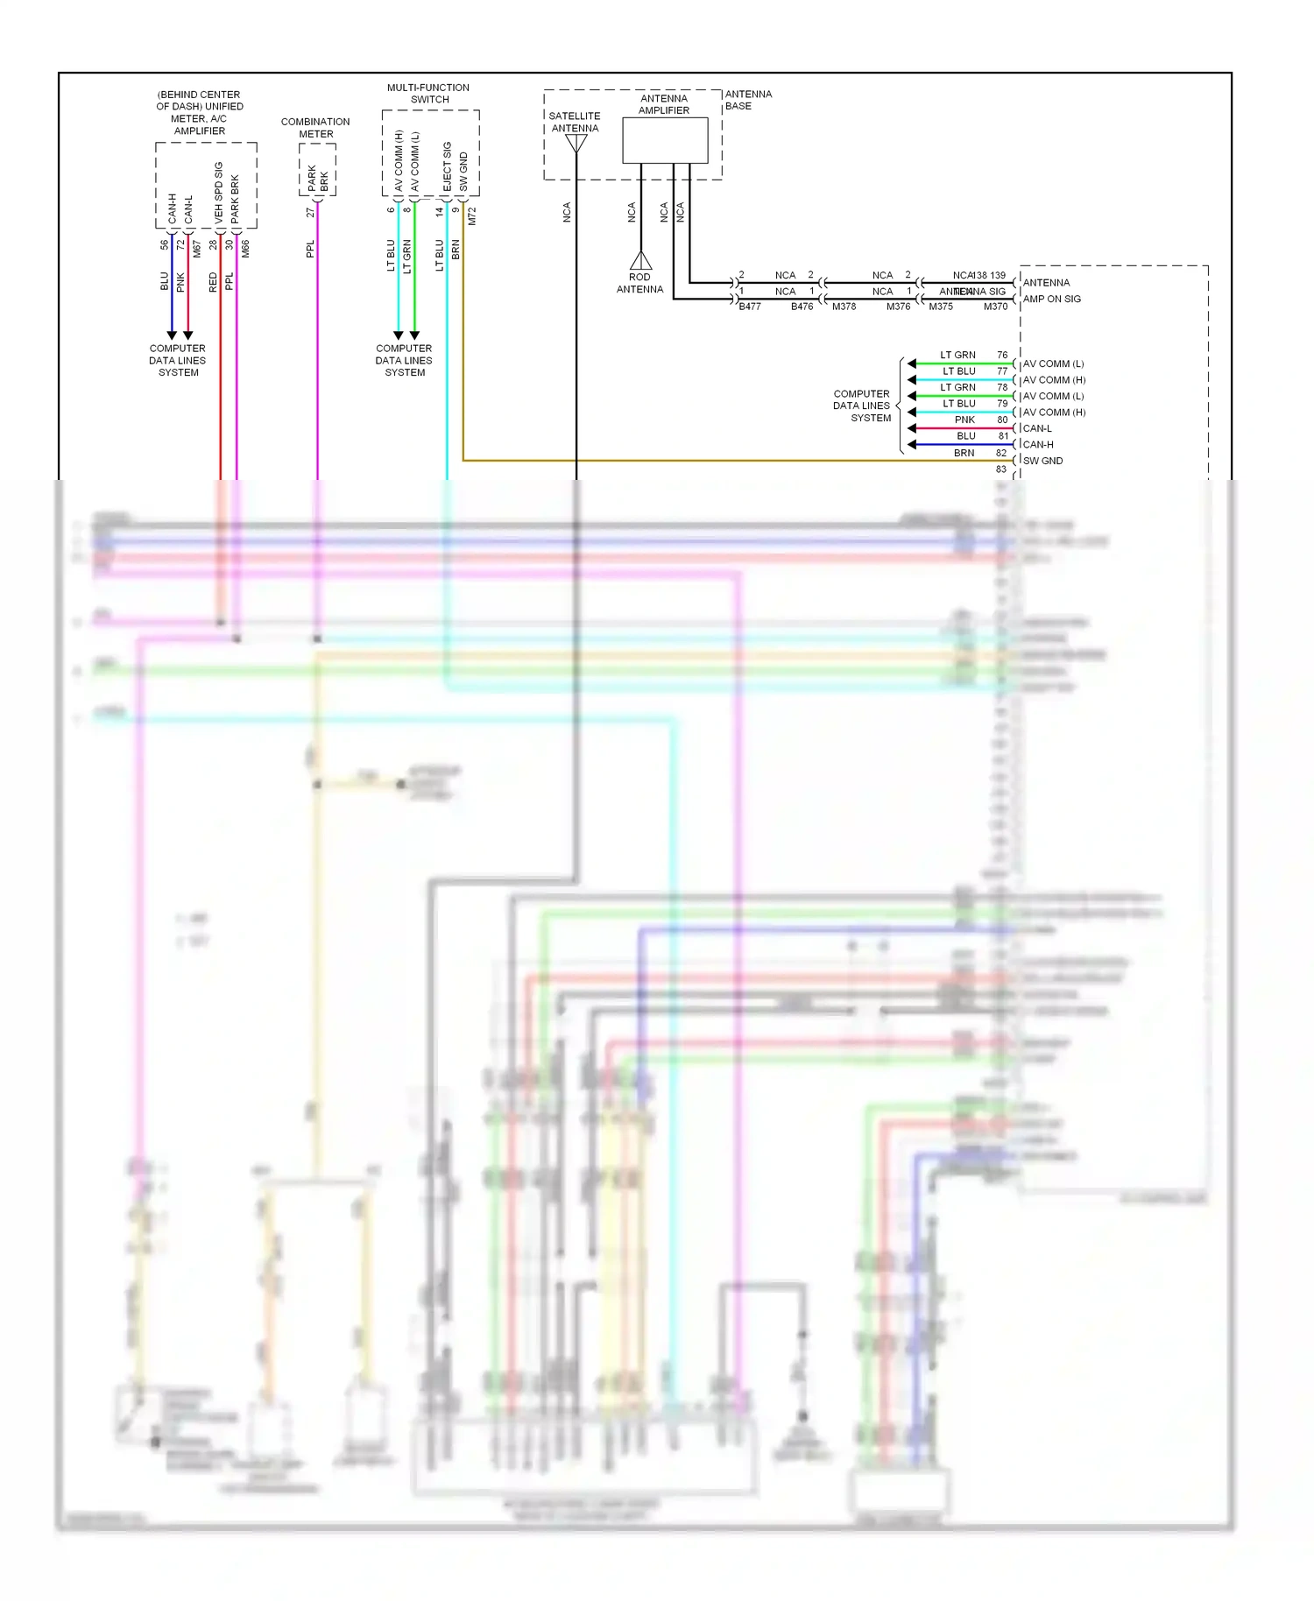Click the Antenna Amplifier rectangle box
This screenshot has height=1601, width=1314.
pyautogui.click(x=665, y=140)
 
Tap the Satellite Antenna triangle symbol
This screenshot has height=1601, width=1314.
pyautogui.click(x=576, y=144)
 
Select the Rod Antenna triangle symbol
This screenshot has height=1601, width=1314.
pyautogui.click(x=640, y=260)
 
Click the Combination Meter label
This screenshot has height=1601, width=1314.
pyautogui.click(x=315, y=128)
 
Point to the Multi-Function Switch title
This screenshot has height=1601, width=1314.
pyautogui.click(x=428, y=94)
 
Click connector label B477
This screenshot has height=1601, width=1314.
pyautogui.click(x=750, y=307)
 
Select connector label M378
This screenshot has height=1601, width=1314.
pyautogui.click(x=844, y=307)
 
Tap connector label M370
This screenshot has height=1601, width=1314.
pyautogui.click(x=995, y=307)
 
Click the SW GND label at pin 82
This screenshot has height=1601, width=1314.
pyautogui.click(x=1042, y=461)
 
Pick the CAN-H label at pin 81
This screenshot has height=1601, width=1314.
pyautogui.click(x=1038, y=444)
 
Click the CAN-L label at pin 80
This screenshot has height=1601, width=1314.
pyautogui.click(x=1037, y=428)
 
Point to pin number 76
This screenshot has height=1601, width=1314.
pyautogui.click(x=1002, y=355)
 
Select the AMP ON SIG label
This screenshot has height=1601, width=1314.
pyautogui.click(x=1052, y=299)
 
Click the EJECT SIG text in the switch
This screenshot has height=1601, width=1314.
pyautogui.click(x=447, y=166)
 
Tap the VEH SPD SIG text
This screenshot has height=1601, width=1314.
pyautogui.click(x=219, y=190)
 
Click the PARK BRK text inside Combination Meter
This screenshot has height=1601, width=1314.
pyautogui.click(x=318, y=178)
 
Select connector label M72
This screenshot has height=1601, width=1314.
pyautogui.click(x=471, y=216)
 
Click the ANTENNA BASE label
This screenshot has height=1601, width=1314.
pyautogui.click(x=748, y=100)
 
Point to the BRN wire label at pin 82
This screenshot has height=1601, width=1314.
pyautogui.click(x=964, y=453)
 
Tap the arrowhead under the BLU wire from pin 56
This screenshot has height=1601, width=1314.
pyautogui.click(x=172, y=335)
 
